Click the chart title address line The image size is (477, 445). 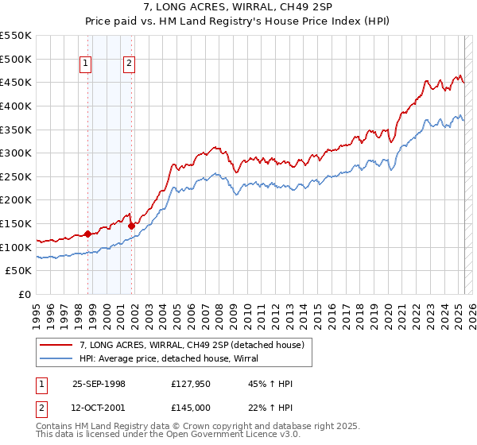(238, 6)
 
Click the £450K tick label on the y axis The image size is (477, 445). (16, 82)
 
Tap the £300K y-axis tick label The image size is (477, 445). (16, 153)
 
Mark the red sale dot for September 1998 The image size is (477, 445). (87, 234)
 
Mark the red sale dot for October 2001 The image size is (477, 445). (131, 226)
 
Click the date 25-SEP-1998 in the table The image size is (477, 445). (99, 384)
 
